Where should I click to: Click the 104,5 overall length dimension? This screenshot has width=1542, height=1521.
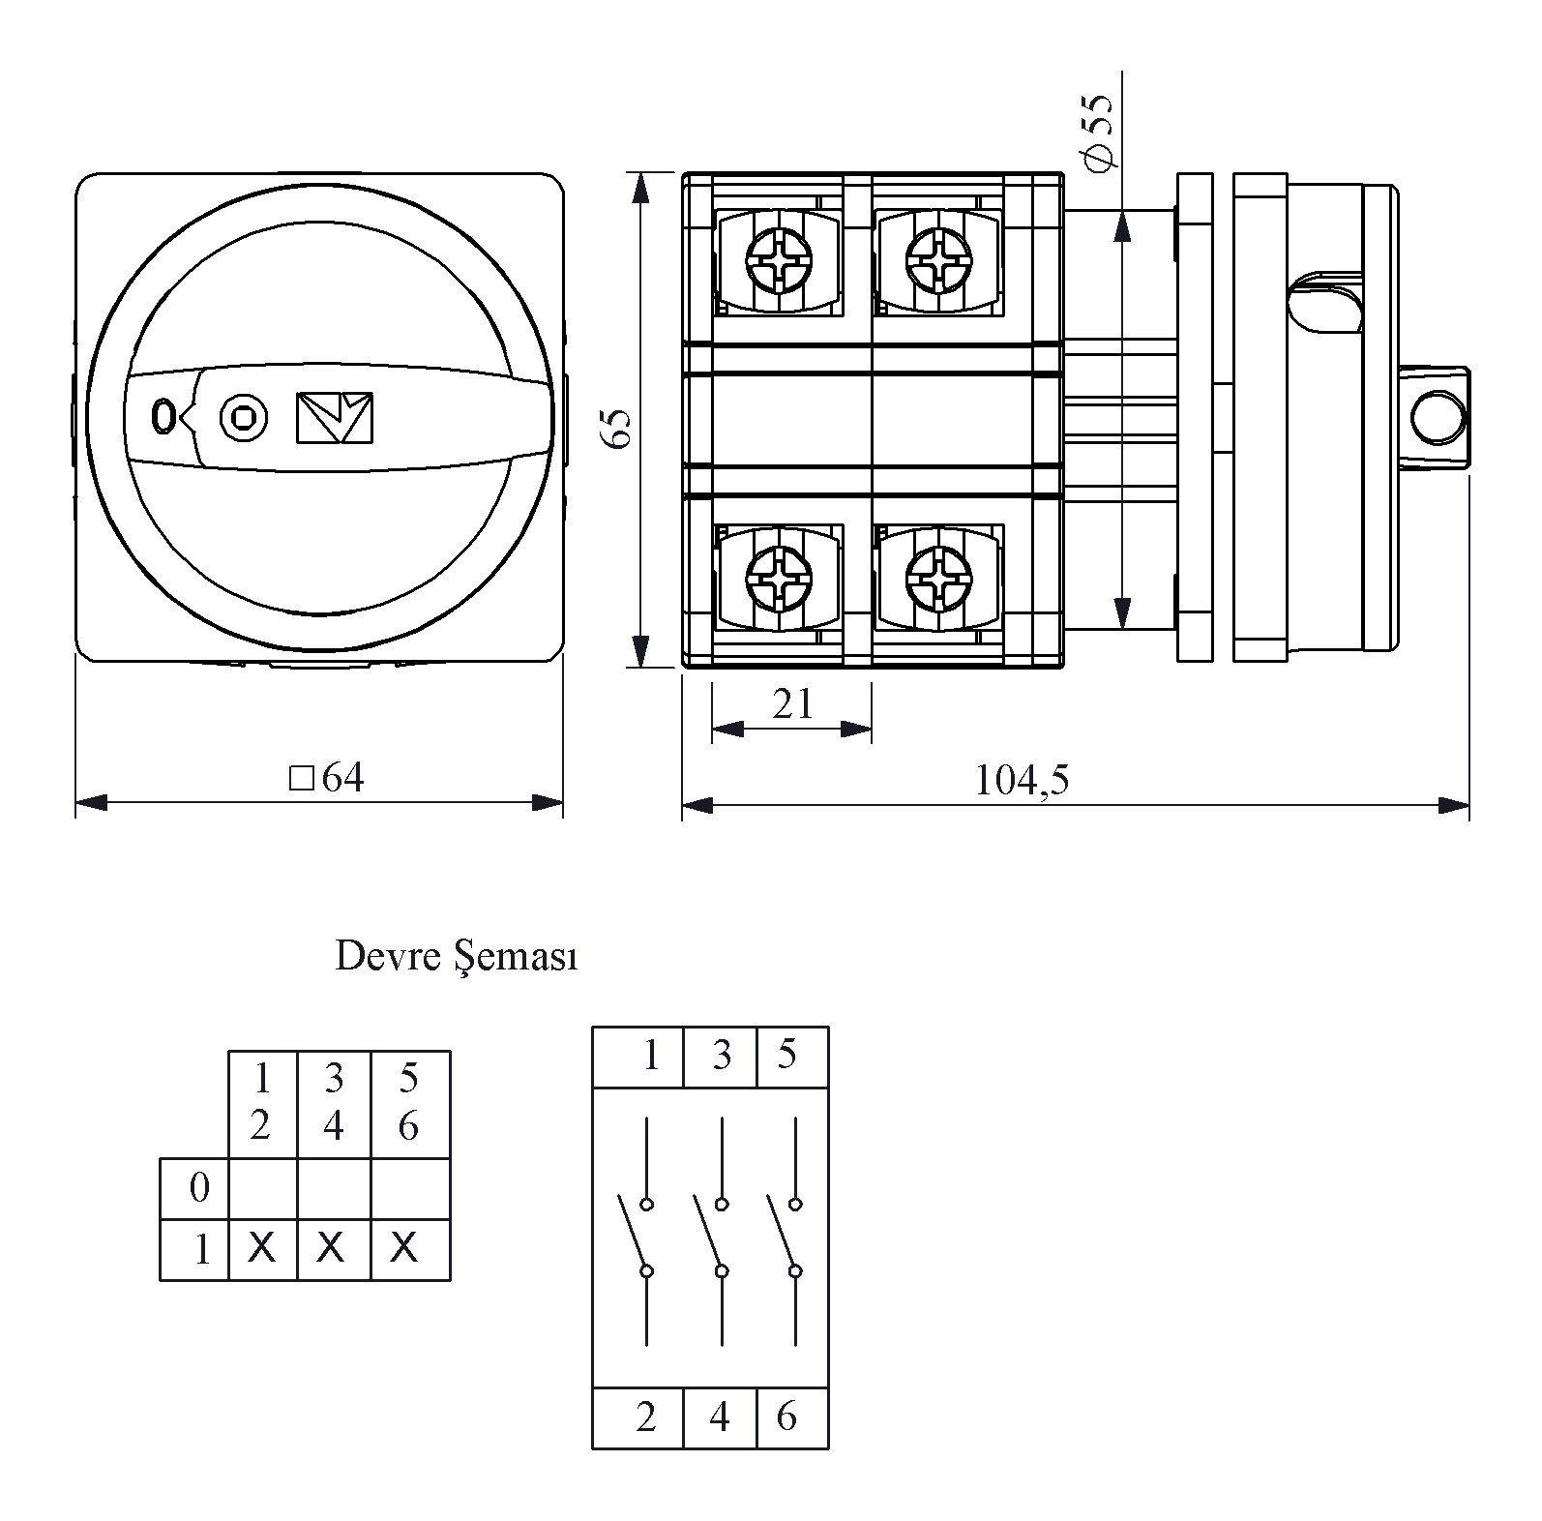coord(1022,780)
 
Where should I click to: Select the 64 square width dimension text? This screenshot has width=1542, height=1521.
coord(329,778)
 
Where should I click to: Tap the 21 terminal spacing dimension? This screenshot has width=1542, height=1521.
coord(792,704)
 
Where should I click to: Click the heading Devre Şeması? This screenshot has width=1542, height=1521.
coord(456,957)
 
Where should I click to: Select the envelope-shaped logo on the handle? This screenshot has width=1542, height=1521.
coord(335,418)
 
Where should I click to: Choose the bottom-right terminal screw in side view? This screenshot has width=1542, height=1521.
coord(936,578)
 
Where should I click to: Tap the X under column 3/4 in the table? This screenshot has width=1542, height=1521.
coord(332,1248)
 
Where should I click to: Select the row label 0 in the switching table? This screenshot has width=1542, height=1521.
coord(199,1187)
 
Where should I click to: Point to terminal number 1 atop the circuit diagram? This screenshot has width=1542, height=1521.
coord(650,1056)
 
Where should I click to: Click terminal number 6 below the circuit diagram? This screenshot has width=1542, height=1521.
coord(787,1417)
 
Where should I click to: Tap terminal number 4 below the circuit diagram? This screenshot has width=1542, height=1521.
coord(719,1417)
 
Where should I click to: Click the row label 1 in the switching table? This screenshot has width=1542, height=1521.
coord(201,1250)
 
